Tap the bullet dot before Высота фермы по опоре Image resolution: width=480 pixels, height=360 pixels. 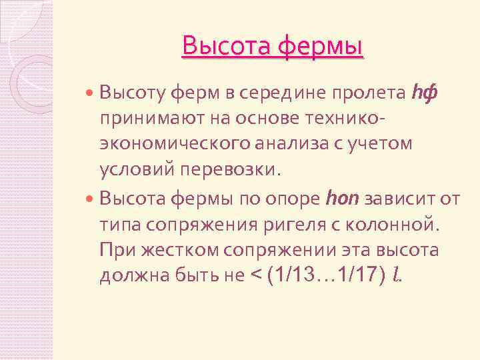coord(91,199)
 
